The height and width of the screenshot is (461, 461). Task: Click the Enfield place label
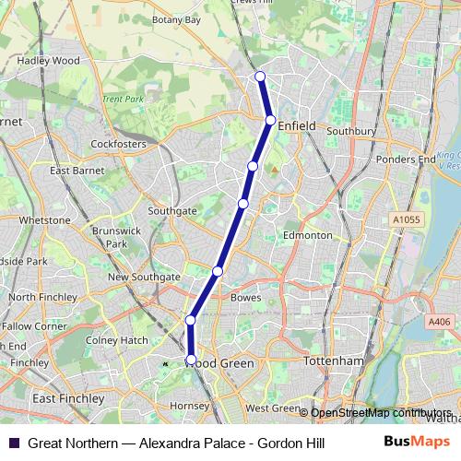click(x=296, y=126)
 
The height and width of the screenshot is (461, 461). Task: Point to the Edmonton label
click(x=307, y=235)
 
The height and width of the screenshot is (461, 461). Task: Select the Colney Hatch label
click(x=116, y=340)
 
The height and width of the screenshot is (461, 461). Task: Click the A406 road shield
click(x=439, y=321)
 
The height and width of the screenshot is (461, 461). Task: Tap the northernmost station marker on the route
click(x=260, y=77)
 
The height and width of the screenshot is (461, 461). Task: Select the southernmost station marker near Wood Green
click(x=192, y=359)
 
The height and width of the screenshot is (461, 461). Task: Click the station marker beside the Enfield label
click(x=270, y=120)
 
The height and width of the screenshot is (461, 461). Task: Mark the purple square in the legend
click(x=13, y=443)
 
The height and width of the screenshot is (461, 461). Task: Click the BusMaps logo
click(x=418, y=442)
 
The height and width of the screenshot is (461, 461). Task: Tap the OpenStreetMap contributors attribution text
click(x=380, y=413)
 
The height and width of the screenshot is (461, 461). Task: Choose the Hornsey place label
click(x=191, y=406)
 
